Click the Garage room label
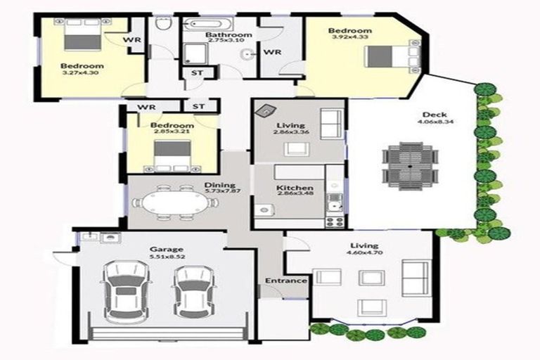166,249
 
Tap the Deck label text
430,116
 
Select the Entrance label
285,281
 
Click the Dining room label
214,185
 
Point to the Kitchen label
290,188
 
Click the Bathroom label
229,34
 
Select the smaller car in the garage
192,290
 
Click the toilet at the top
162,25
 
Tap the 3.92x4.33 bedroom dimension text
350,38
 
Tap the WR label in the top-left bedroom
132,40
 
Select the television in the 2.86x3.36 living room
266,110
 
